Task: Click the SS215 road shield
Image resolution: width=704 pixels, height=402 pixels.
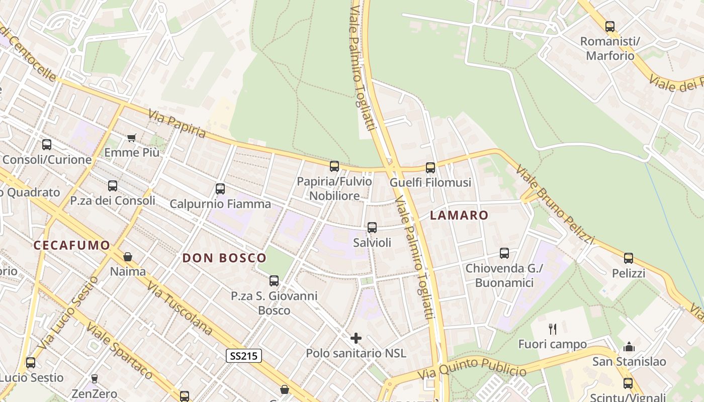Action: coord(244,356)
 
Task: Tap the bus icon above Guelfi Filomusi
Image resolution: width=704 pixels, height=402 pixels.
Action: coord(430,168)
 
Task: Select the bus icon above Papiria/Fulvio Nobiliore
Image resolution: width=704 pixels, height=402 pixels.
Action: coord(334,166)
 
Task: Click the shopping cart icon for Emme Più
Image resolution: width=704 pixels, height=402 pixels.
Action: coord(132,138)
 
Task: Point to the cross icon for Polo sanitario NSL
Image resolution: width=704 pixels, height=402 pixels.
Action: coord(356,338)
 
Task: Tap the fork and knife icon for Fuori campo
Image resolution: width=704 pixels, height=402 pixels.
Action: coord(553,329)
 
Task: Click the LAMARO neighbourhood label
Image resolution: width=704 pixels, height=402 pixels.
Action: coord(459,216)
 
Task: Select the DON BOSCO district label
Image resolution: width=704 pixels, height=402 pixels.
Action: coord(224,258)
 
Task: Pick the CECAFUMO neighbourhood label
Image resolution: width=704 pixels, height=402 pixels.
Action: coord(71,245)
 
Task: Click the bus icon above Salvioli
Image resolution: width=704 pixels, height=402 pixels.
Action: coord(372,228)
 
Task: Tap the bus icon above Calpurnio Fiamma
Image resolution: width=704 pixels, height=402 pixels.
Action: coord(220,189)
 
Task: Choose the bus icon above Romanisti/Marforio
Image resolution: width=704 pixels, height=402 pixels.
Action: coord(610,27)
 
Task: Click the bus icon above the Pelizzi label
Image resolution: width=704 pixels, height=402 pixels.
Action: coord(629,258)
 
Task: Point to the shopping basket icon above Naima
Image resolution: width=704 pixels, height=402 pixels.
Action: coord(128,257)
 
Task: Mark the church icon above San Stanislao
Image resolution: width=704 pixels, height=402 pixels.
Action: coord(629,347)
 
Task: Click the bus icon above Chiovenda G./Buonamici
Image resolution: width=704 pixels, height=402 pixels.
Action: coord(504,253)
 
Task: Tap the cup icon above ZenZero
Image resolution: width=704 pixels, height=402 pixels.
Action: coord(94,378)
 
